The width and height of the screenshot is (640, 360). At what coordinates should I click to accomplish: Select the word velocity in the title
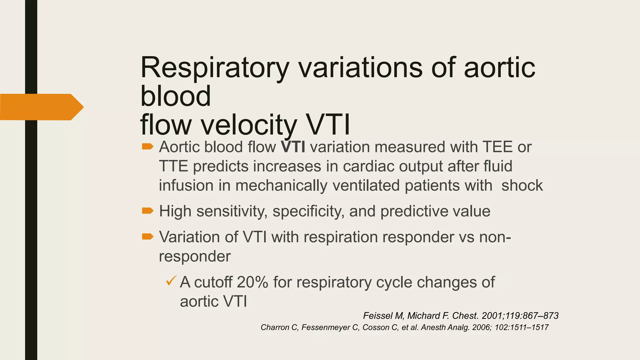click(x=248, y=125)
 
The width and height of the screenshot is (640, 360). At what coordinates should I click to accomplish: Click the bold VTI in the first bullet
click(x=293, y=147)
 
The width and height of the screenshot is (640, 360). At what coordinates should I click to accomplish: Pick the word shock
click(x=522, y=185)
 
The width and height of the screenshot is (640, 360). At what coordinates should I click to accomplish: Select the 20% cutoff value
click(x=252, y=282)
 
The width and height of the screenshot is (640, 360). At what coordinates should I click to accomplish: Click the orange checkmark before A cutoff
click(x=171, y=280)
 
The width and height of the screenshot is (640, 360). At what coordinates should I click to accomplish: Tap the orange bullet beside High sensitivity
click(x=147, y=211)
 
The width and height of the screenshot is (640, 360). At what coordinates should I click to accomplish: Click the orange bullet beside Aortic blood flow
click(x=147, y=147)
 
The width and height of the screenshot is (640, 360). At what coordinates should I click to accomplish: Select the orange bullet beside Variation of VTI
click(x=147, y=237)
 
